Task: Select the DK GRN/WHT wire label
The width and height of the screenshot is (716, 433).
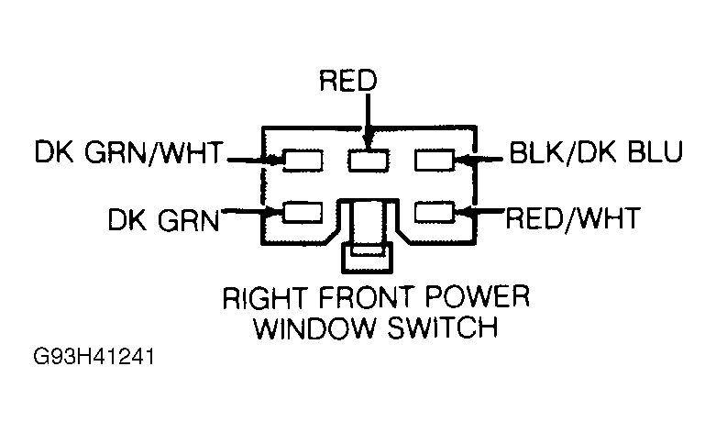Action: (127, 153)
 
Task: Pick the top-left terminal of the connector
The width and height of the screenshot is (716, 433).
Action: (303, 161)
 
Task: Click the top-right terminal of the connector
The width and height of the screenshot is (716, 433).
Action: (434, 161)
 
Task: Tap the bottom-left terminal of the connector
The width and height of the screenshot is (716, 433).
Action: (303, 213)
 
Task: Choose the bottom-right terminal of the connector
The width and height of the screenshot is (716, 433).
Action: (434, 213)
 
